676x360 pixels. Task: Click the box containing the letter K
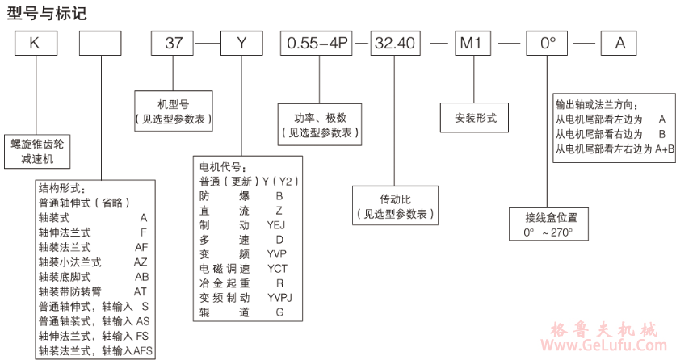click(x=34, y=43)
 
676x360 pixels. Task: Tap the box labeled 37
click(x=174, y=43)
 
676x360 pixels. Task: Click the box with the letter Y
click(x=240, y=43)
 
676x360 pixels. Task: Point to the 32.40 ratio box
click(x=397, y=43)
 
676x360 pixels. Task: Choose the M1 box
click(x=471, y=43)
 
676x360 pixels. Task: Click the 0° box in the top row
click(x=548, y=43)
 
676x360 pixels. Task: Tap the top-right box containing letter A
click(x=620, y=43)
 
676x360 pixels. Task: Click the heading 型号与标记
click(x=46, y=13)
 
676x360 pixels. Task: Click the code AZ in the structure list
click(x=141, y=262)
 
